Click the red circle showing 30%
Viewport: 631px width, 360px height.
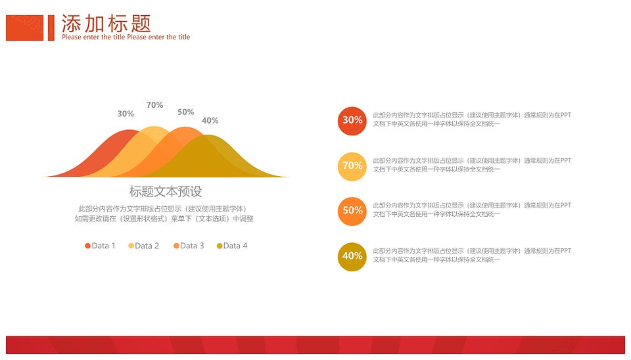352,121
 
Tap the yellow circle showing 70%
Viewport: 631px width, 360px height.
352,166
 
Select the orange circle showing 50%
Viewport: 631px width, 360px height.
352,211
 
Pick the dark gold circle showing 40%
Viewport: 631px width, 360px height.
352,257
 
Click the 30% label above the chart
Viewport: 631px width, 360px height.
126,114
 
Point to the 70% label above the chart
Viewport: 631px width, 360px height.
154,105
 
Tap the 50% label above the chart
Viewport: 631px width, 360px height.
185,112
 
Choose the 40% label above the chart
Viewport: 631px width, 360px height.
210,121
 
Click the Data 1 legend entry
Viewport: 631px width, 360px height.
100,246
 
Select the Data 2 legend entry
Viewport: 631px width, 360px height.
144,246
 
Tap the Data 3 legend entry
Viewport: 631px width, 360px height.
189,246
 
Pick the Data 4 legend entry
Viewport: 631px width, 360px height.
232,246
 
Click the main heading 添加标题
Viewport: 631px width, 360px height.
106,24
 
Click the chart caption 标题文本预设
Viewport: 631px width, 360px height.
166,191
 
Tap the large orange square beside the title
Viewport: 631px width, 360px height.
24,28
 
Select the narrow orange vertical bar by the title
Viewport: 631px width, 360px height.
51,28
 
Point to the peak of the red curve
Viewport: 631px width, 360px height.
129,131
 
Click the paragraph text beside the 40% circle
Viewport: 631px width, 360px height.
472,255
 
